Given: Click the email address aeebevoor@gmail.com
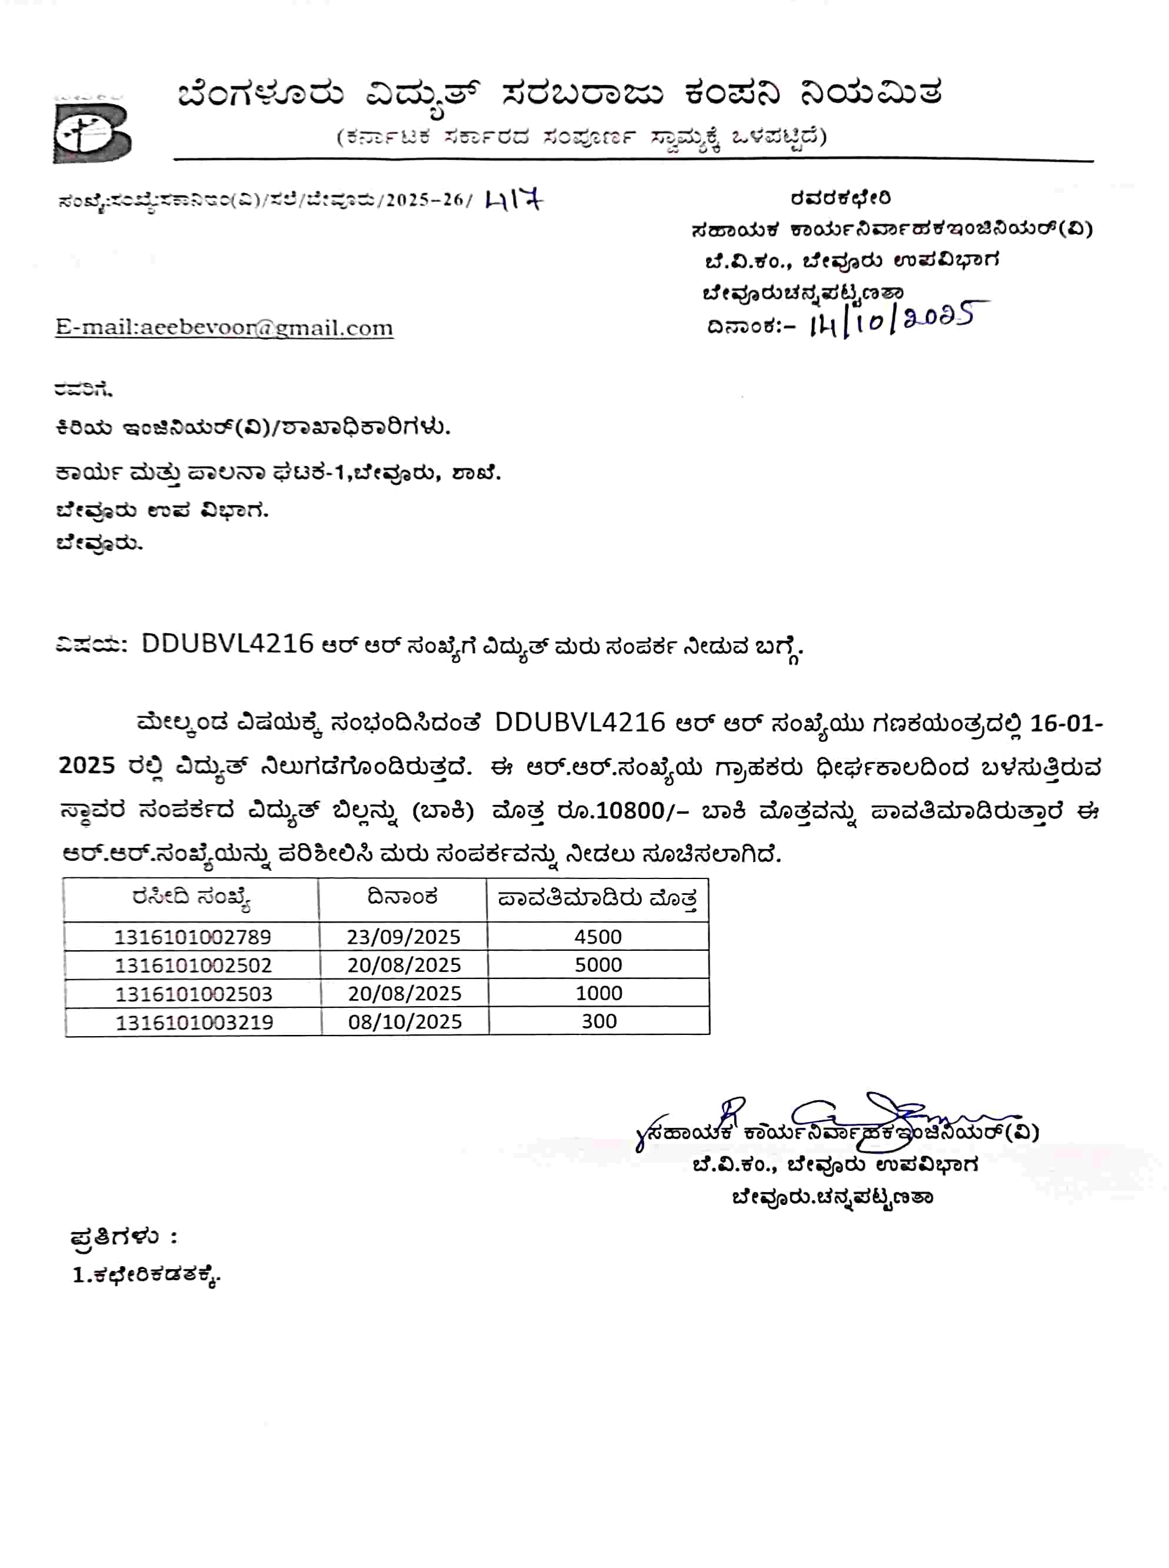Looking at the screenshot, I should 224,328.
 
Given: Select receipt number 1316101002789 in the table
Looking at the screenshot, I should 192,937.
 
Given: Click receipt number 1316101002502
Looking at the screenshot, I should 192,965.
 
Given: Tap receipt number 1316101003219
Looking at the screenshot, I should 194,1022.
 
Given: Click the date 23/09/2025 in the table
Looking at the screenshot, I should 404,937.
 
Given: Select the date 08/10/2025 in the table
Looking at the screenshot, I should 405,1022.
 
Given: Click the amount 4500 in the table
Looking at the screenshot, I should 598,937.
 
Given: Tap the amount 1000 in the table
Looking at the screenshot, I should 599,993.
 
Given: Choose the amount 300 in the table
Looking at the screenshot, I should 600,1021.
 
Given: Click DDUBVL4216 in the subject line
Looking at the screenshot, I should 227,644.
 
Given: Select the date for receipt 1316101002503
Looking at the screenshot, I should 405,993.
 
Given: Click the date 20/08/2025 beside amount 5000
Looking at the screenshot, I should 404,965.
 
